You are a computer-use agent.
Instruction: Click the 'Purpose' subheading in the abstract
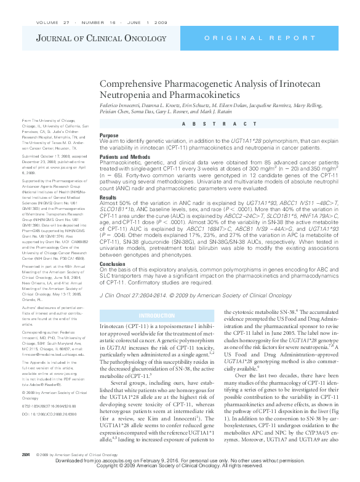click(109, 135)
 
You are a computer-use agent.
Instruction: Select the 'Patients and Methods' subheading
click(122, 156)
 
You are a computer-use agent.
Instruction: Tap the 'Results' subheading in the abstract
click(108, 198)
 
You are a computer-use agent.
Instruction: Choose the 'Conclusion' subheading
click(113, 263)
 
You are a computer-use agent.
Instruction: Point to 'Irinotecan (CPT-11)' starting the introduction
click(120, 326)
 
